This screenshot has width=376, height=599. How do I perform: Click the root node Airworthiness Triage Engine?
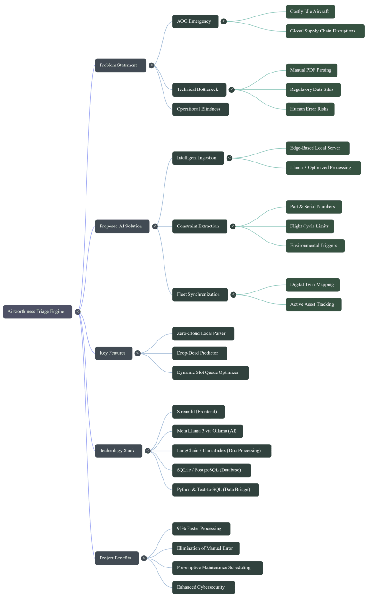(38, 312)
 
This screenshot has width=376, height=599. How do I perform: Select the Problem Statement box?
(121, 65)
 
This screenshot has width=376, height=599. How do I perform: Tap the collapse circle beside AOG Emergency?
(224, 21)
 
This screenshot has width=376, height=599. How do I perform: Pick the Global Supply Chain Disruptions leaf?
(325, 31)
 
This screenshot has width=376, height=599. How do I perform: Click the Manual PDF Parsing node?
(312, 70)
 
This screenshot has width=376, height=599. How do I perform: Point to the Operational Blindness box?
(201, 109)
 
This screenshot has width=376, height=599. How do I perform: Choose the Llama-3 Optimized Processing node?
(323, 168)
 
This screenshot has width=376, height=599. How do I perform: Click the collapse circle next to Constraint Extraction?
(233, 227)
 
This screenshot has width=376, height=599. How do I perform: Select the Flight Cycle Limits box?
(310, 227)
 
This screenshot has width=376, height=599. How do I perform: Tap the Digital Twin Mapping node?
(313, 285)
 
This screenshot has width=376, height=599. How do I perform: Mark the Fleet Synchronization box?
(200, 295)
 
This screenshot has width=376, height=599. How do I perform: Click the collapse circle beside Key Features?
(138, 353)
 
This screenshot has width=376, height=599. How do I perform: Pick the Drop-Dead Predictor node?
(200, 353)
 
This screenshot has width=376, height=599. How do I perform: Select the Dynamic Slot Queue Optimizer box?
(211, 373)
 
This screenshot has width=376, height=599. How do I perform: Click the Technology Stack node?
(119, 451)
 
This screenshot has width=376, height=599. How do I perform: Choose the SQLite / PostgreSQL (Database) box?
(211, 470)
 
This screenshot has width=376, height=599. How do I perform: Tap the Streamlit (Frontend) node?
(198, 412)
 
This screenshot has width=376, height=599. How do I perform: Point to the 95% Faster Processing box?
(202, 529)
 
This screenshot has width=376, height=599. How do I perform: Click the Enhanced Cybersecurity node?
(204, 588)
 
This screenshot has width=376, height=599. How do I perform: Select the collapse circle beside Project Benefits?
(144, 558)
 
